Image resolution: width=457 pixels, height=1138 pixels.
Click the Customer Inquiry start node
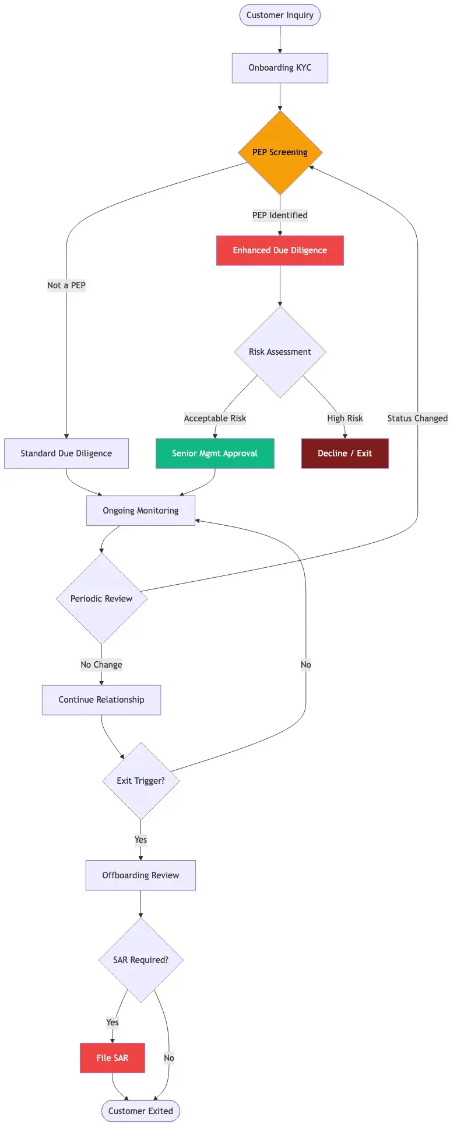(x=280, y=15)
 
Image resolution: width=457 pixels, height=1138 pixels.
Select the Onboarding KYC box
(x=280, y=68)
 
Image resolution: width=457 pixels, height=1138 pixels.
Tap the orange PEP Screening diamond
(x=280, y=152)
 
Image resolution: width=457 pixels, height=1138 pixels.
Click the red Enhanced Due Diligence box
(x=280, y=250)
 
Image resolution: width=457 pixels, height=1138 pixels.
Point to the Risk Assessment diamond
(x=280, y=352)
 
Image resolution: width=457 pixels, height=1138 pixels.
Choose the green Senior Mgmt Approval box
(x=215, y=453)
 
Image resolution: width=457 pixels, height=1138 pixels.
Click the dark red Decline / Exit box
(x=344, y=453)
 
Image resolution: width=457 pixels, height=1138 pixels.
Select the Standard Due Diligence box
(x=66, y=453)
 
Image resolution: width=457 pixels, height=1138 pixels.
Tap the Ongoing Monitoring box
(x=140, y=511)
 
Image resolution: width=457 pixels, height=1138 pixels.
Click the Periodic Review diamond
(x=101, y=599)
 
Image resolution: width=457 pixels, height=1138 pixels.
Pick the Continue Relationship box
(x=101, y=700)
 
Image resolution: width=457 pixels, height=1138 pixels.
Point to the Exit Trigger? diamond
(x=140, y=781)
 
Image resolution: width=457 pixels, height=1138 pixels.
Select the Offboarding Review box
(x=140, y=875)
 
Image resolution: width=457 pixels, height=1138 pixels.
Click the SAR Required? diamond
(x=140, y=960)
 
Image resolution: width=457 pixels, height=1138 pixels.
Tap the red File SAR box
(x=113, y=1058)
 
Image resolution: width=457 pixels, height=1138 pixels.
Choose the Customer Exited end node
(x=140, y=1111)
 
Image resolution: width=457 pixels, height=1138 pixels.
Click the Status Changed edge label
(x=417, y=418)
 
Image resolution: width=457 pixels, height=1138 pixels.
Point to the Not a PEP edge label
(x=66, y=285)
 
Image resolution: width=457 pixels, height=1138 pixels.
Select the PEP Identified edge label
(x=280, y=215)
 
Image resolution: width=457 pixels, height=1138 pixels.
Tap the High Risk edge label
(x=344, y=418)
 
